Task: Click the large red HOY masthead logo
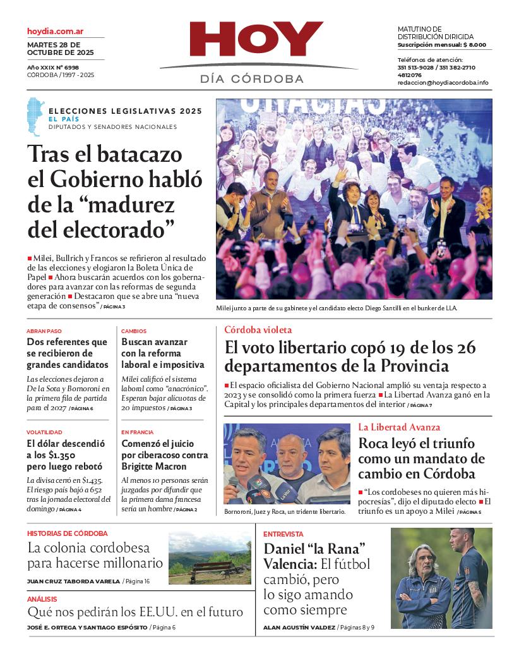(256, 40)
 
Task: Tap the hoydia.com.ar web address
(56, 31)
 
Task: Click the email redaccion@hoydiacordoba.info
(443, 83)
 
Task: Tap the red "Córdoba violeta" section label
(258, 330)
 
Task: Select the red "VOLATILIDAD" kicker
(44, 432)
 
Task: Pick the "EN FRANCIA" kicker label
(138, 432)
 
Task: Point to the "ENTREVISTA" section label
(283, 534)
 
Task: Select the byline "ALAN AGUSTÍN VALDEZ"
(299, 628)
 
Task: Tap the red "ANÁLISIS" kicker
(42, 599)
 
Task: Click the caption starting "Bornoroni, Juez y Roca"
(285, 511)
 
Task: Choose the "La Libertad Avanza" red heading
(399, 427)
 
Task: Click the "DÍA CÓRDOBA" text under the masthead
(252, 79)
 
